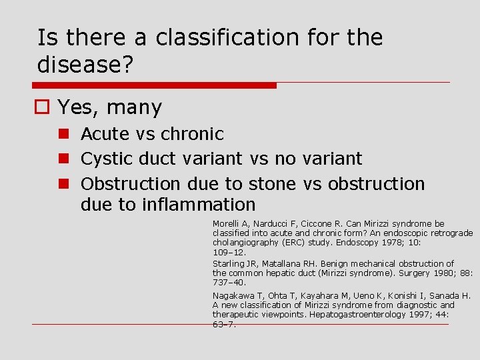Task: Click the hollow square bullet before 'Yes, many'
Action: click(x=43, y=107)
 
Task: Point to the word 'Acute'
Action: click(x=105, y=134)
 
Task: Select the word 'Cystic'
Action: click(x=107, y=159)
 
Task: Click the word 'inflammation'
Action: click(x=199, y=204)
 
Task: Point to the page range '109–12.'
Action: click(x=229, y=253)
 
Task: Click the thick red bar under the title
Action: click(x=154, y=85)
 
